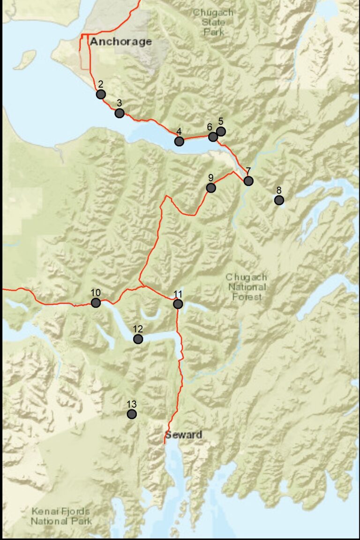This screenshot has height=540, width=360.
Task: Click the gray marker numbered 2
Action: pyautogui.click(x=101, y=94)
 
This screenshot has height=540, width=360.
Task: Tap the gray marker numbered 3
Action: pyautogui.click(x=120, y=113)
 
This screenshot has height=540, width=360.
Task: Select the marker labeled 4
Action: pyautogui.click(x=179, y=141)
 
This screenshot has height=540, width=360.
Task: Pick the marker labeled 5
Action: pyautogui.click(x=221, y=131)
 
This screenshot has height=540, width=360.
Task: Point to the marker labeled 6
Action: pyautogui.click(x=213, y=136)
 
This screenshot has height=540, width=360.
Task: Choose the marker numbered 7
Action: pyautogui.click(x=248, y=180)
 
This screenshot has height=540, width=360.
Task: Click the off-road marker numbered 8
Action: pyautogui.click(x=279, y=200)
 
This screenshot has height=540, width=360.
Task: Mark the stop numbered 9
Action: pyautogui.click(x=211, y=188)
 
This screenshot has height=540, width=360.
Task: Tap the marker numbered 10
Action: pyautogui.click(x=96, y=303)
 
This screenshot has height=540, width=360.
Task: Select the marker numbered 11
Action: pyautogui.click(x=178, y=304)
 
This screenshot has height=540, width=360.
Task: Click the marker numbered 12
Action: pyautogui.click(x=138, y=339)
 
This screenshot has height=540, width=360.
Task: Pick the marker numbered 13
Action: pyautogui.click(x=132, y=414)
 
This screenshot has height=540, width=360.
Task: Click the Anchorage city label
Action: pyautogui.click(x=121, y=42)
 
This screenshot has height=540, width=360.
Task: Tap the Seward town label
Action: pyautogui.click(x=183, y=435)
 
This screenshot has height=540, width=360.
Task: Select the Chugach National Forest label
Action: pyautogui.click(x=246, y=287)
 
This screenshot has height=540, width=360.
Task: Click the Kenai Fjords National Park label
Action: pyautogui.click(x=61, y=516)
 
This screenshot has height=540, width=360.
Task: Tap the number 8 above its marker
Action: pyautogui.click(x=279, y=190)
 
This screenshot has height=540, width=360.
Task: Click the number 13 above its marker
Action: pyautogui.click(x=132, y=404)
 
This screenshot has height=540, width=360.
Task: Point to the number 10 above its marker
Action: pyautogui.click(x=96, y=292)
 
